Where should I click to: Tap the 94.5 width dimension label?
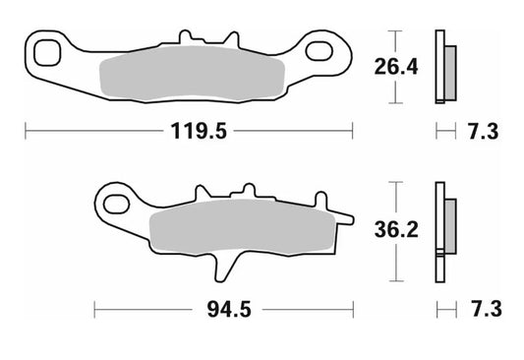(x=225, y=310)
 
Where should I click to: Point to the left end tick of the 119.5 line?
(x=26, y=129)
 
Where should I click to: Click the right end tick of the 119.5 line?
(x=351, y=129)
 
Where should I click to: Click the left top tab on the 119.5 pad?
(x=184, y=38)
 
